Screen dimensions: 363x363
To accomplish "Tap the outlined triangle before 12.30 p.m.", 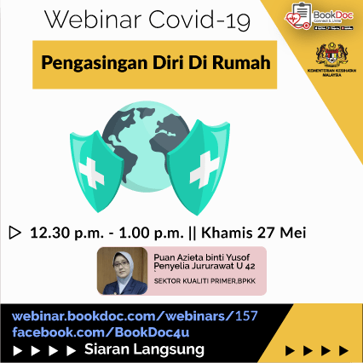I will pyautogui.click(x=14, y=231).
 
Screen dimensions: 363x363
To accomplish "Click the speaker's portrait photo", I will pyautogui.click(x=123, y=271).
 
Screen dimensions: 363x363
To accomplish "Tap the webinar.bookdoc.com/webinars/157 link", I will pyautogui.click(x=134, y=316).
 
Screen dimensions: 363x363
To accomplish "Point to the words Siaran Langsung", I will pyautogui.click(x=144, y=349).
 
